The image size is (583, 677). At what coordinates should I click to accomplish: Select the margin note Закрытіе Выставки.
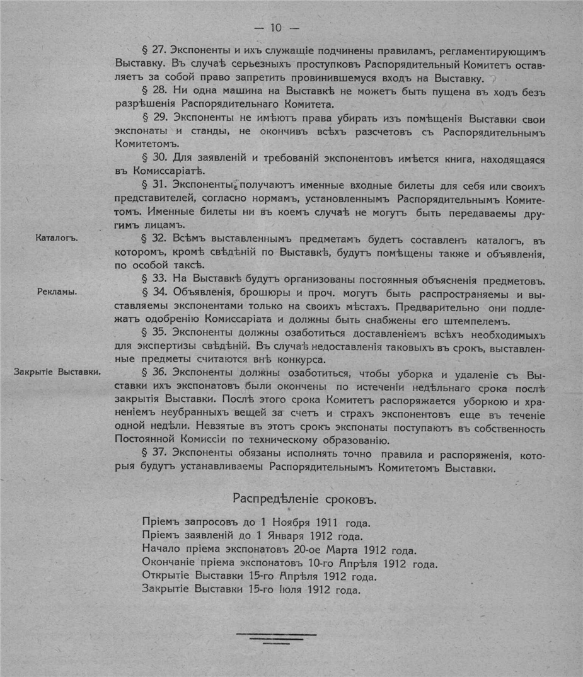[58, 372]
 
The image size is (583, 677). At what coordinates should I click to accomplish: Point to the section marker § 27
[156, 50]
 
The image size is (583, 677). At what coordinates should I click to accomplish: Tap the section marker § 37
[156, 455]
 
